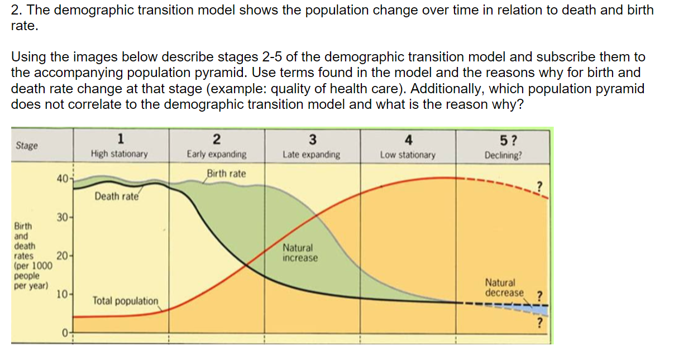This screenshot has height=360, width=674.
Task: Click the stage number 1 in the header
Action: point(121,139)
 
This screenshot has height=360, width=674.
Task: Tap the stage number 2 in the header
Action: point(217,139)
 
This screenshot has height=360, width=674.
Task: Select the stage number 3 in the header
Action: point(312,139)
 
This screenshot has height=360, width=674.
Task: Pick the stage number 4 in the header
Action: point(408,139)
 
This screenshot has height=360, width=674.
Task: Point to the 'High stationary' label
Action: point(119,154)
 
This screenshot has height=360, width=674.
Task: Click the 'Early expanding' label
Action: point(217,154)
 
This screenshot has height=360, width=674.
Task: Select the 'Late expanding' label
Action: point(312,155)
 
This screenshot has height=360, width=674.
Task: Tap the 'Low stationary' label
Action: point(408,155)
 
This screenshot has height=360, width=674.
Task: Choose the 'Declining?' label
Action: point(504,155)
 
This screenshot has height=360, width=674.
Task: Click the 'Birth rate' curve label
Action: point(226,174)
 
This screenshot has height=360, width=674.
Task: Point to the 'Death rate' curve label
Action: point(116,196)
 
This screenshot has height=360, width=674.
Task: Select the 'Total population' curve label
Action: point(126,301)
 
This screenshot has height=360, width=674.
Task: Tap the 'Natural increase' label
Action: point(300,253)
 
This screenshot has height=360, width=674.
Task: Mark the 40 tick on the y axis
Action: point(62,179)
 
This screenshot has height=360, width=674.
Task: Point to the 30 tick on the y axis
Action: point(61,217)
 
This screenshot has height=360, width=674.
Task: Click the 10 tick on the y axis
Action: point(62,294)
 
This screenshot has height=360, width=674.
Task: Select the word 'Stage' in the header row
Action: point(27,146)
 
